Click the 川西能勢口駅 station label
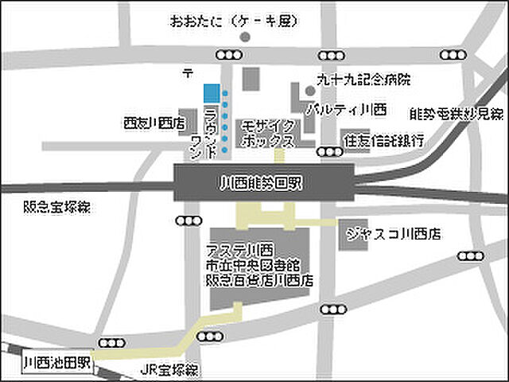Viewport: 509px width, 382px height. (263, 183)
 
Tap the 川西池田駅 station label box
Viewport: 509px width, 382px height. (58, 363)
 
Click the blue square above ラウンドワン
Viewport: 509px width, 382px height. (211, 93)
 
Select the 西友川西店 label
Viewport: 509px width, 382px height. (153, 123)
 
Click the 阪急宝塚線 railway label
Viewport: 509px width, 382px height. (56, 207)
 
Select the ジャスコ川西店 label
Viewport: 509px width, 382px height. (393, 235)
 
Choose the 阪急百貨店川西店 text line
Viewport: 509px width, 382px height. (260, 281)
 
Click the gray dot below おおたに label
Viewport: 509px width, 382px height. (246, 37)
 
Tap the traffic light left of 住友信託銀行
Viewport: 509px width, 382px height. (327, 151)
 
